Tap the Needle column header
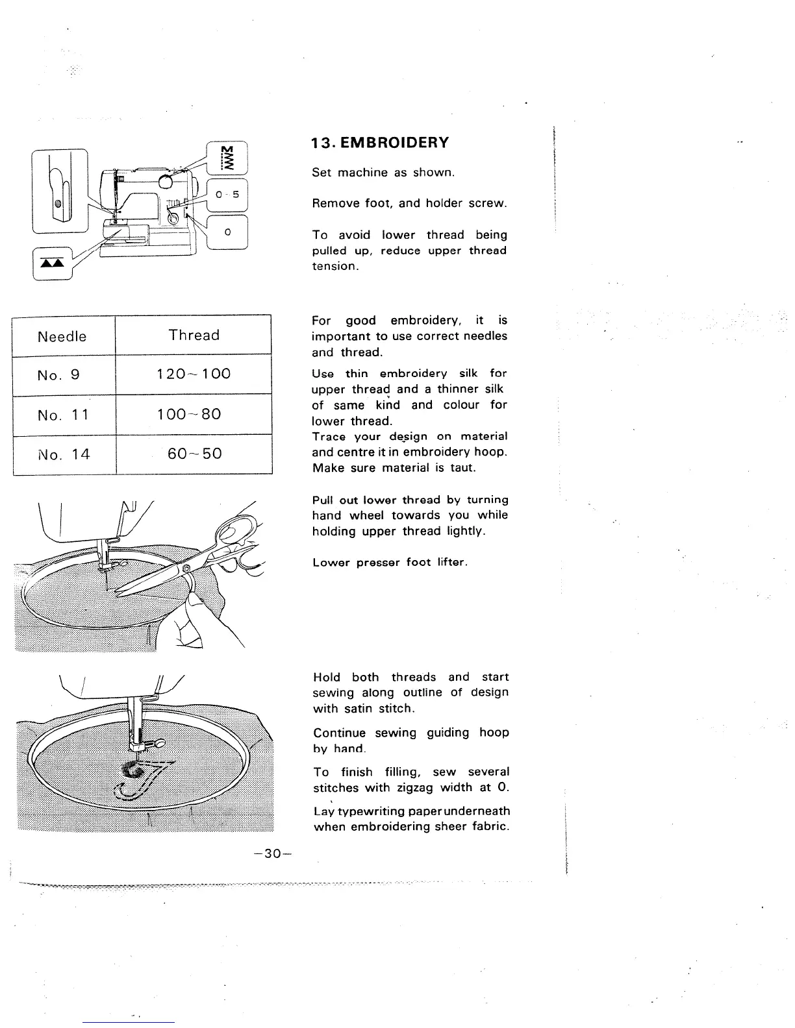62,336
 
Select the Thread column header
194,335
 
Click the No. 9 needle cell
58,374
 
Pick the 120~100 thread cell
194,374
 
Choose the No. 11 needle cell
62,414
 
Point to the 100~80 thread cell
194,414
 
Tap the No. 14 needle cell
63,454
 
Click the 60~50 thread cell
194,454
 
